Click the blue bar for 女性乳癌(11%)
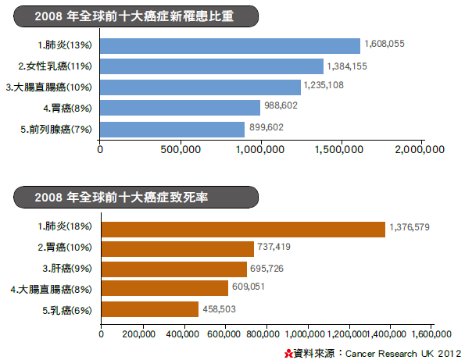coord(212,66)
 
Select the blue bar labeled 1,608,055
coord(230,46)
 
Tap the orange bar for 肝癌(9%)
coord(174,269)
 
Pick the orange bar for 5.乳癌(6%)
coord(150,309)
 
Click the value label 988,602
coord(281,105)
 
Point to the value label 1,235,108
coord(324,85)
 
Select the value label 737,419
coord(274,247)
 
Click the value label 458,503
coord(219,309)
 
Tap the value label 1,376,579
coord(410,227)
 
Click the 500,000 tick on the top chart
coord(181,150)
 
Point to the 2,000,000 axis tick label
coord(420,150)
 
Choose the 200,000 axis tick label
coord(138,334)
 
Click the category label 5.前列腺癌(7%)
coord(56,130)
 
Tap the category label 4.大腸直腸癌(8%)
coord(51,290)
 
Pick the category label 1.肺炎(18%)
coord(65,226)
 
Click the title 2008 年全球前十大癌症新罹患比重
coord(134,16)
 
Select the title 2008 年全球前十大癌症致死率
coord(121,198)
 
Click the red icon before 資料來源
coord(288,354)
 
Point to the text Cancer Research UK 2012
coord(403,354)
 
